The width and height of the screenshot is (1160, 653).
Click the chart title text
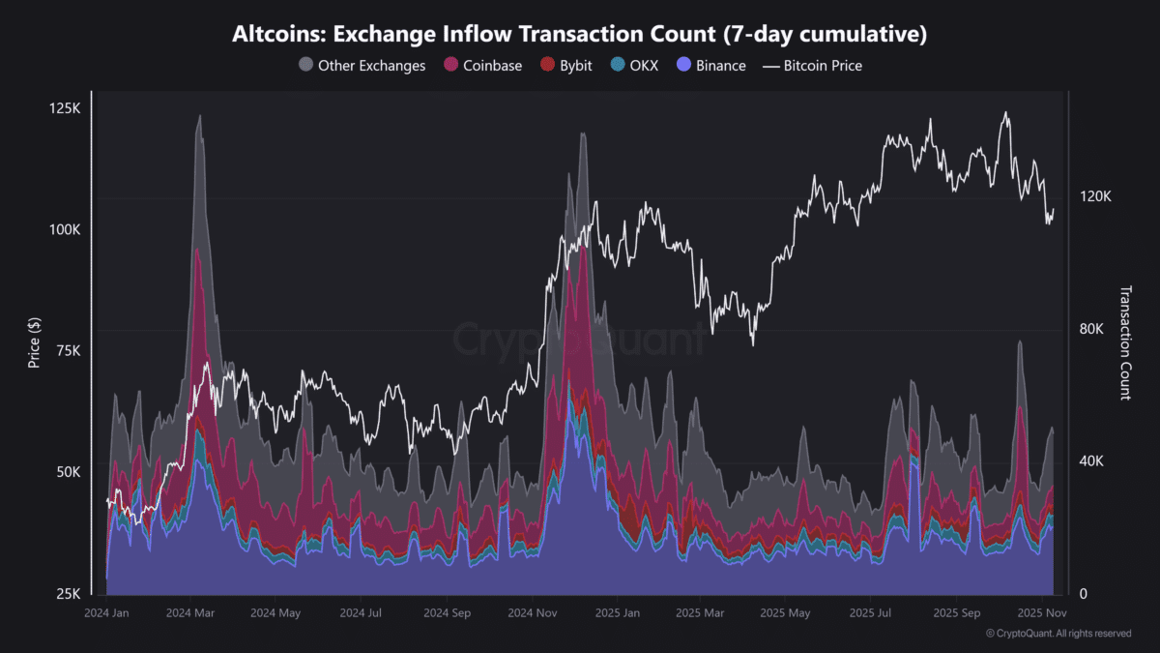(580, 35)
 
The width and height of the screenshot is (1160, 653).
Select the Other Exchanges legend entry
(362, 66)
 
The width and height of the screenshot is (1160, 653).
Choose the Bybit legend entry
(565, 66)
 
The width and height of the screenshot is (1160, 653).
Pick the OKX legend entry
(634, 66)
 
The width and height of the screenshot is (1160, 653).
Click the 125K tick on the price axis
(66, 107)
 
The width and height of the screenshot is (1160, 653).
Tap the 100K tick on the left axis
(66, 229)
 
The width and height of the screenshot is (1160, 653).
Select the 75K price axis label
(68, 350)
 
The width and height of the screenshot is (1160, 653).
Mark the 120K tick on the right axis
(1096, 196)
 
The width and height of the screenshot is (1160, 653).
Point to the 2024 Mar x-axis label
(191, 613)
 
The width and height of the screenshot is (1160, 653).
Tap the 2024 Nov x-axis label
(532, 613)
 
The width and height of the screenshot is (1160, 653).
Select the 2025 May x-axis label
(785, 613)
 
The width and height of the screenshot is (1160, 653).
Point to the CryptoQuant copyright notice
(1058, 634)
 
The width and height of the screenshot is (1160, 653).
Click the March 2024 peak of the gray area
(199, 117)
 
